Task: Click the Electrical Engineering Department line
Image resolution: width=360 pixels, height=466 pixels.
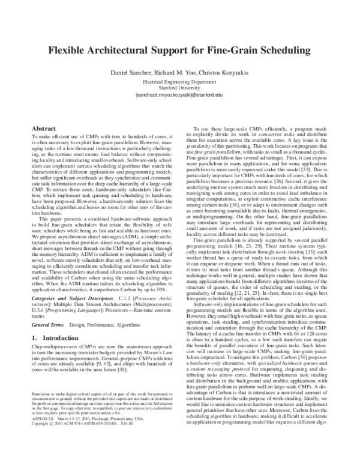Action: coord(179,80)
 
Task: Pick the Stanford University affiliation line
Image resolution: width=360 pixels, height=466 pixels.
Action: coord(179,87)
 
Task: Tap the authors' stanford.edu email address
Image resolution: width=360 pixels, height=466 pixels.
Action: coord(179,95)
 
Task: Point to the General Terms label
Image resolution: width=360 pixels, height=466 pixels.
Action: coord(47,340)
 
